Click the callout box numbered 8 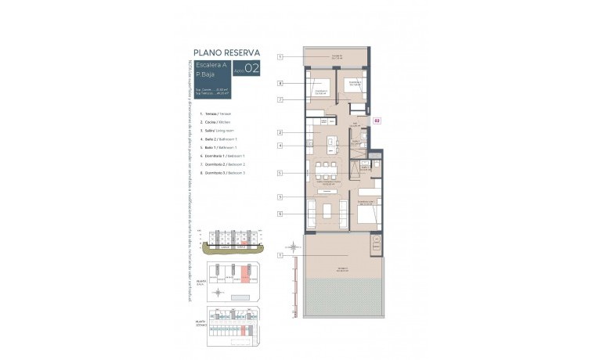[x=280, y=82]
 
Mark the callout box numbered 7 [x=280, y=99]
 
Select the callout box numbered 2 [x=280, y=133]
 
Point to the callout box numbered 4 [x=280, y=146]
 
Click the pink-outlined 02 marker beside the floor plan [x=377, y=121]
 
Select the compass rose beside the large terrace [x=293, y=248]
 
